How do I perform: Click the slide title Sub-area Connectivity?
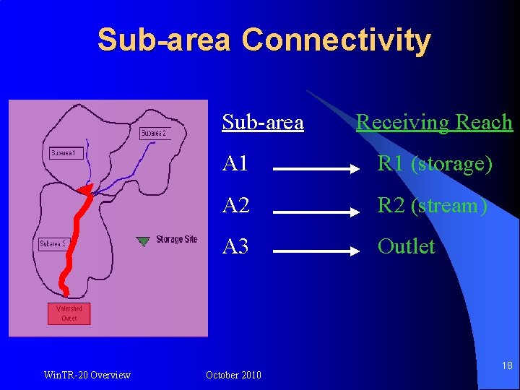264,40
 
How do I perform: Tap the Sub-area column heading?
263,123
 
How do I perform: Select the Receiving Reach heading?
434,123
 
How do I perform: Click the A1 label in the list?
236,164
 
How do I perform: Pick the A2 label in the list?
236,205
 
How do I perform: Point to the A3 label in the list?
236,246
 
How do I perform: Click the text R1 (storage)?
435,164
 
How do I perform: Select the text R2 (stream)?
432,205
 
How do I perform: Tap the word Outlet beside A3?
407,246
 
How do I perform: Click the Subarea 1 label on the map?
66,153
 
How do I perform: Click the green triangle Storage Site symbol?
144,240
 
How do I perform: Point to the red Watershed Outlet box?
69,313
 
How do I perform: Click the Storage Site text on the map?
177,240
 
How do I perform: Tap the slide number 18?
507,366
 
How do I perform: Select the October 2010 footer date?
233,375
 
